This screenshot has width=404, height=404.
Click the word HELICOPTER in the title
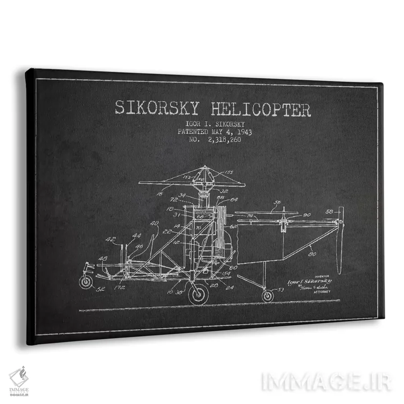coord(258,110)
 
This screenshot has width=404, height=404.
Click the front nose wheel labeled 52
coord(86,281)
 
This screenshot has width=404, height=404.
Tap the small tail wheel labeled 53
coord(268,295)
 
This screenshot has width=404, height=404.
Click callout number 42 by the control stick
coord(110,239)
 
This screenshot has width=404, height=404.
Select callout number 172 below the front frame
coord(119,288)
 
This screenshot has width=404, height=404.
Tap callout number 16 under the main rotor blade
coord(160,191)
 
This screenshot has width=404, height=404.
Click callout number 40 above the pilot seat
coord(155,223)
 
